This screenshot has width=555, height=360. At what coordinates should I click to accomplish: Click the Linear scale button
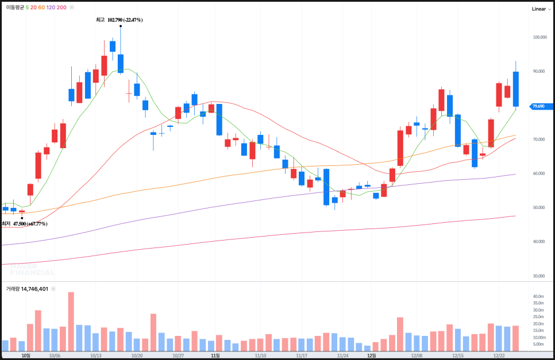pyautogui.click(x=538, y=9)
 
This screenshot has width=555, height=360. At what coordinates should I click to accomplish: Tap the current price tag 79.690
pyautogui.click(x=541, y=106)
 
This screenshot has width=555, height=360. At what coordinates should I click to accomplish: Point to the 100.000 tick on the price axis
pyautogui.click(x=539, y=37)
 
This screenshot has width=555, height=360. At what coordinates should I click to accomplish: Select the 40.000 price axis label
pyautogui.click(x=539, y=242)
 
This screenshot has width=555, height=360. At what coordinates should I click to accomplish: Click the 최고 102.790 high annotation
pyautogui.click(x=120, y=20)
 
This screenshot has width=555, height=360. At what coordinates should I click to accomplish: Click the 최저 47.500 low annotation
pyautogui.click(x=24, y=224)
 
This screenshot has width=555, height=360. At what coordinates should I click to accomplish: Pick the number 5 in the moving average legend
pyautogui.click(x=27, y=7)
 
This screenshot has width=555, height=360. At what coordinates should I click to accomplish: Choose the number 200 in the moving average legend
pyautogui.click(x=62, y=7)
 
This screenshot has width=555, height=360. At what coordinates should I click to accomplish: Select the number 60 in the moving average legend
pyautogui.click(x=41, y=7)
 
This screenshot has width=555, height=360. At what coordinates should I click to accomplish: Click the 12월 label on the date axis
pyautogui.click(x=372, y=356)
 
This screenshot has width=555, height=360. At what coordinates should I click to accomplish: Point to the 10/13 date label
pyautogui.click(x=96, y=356)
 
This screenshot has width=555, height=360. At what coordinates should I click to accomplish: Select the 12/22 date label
pyautogui.click(x=499, y=356)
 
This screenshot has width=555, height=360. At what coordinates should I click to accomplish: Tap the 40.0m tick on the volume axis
pyautogui.click(x=538, y=297)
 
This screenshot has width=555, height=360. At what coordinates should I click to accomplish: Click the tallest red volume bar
pyautogui.click(x=71, y=322)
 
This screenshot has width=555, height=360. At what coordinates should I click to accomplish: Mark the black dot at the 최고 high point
pyautogui.click(x=120, y=26)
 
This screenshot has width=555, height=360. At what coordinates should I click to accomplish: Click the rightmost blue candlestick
pyautogui.click(x=516, y=89)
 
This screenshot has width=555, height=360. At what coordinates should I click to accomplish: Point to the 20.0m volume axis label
pyautogui.click(x=538, y=324)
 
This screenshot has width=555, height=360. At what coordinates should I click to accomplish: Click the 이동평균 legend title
pyautogui.click(x=14, y=7)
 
